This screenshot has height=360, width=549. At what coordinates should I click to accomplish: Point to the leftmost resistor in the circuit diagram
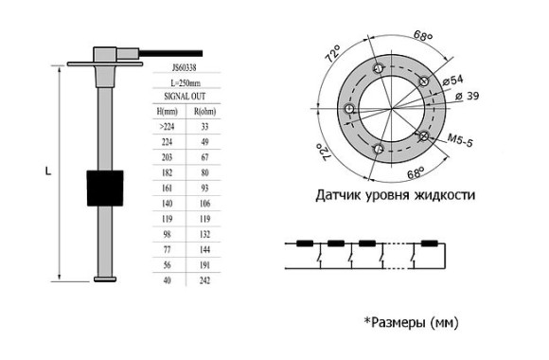point(307,243)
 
